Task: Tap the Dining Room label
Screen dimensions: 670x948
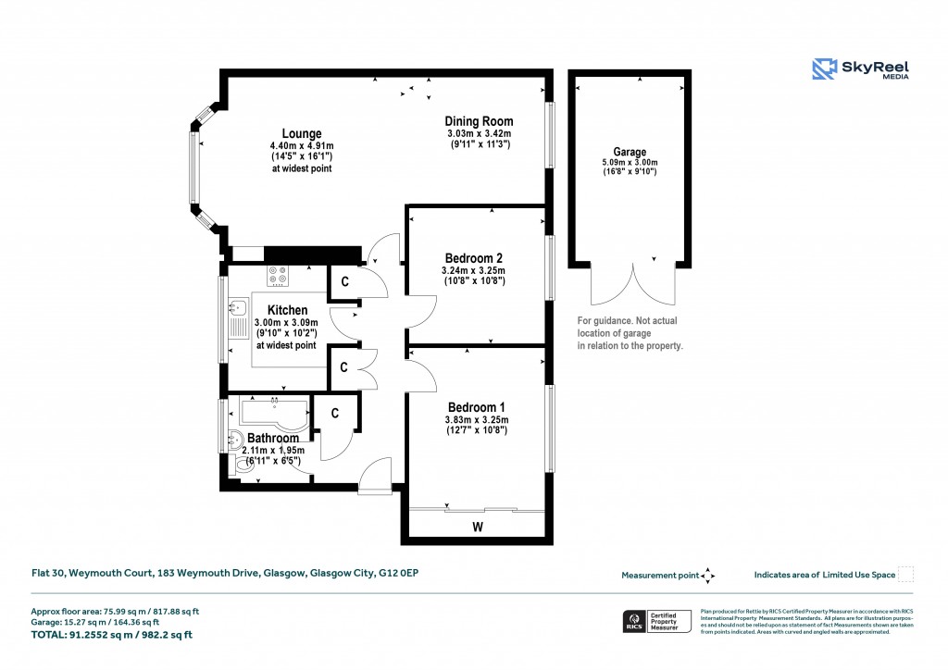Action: pyautogui.click(x=479, y=121)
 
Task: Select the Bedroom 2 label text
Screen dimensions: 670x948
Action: pyautogui.click(x=474, y=257)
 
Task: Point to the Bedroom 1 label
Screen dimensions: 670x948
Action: pyautogui.click(x=476, y=407)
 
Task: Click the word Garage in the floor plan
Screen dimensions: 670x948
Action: pyautogui.click(x=630, y=152)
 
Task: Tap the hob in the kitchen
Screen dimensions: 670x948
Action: pyautogui.click(x=278, y=276)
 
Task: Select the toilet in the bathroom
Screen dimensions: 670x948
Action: pyautogui.click(x=244, y=468)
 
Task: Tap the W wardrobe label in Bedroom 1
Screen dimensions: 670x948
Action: pyautogui.click(x=478, y=527)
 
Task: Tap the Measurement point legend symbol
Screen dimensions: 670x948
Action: pyautogui.click(x=707, y=575)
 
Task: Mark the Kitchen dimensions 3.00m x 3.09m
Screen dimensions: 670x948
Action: pyautogui.click(x=285, y=322)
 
